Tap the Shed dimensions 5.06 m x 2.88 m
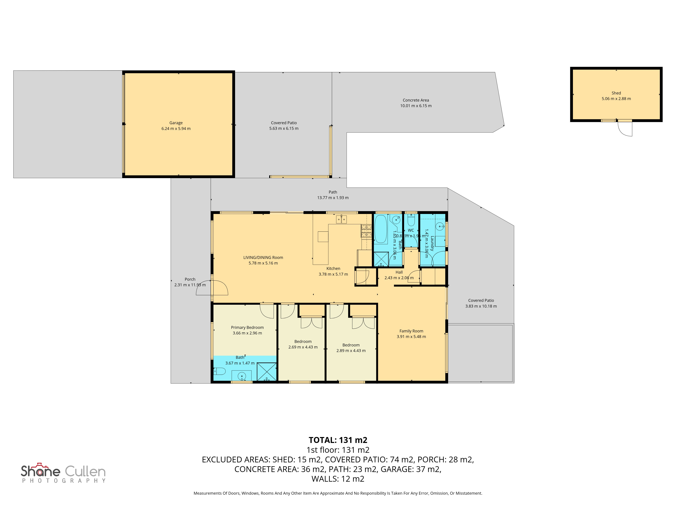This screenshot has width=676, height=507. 616,99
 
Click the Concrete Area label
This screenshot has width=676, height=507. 416,100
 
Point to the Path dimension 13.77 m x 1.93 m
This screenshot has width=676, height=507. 333,198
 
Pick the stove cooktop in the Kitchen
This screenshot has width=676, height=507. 366,231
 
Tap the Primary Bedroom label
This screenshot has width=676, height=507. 247,327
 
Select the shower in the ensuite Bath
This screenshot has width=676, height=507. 267,372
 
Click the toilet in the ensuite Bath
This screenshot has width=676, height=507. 219,371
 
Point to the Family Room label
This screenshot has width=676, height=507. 411,331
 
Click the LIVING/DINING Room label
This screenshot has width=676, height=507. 263,258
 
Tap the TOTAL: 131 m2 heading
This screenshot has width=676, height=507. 338,440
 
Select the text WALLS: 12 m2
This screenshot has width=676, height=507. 338,479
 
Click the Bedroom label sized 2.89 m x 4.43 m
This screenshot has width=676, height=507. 351,345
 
